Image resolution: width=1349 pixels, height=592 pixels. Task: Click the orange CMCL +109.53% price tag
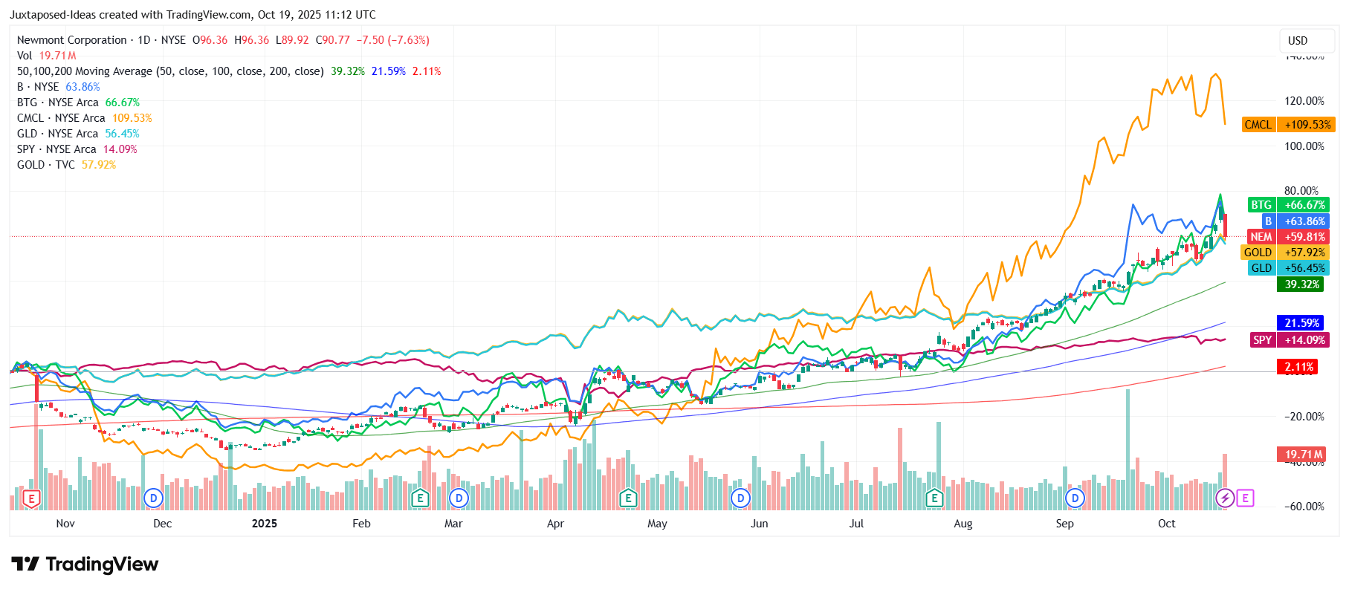pyautogui.click(x=1289, y=125)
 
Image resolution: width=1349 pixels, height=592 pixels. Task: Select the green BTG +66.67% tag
pyautogui.click(x=1288, y=205)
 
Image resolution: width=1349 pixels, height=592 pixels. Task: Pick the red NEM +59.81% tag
pyautogui.click(x=1287, y=237)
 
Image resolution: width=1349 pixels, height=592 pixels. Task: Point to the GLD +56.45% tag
pyautogui.click(x=1288, y=268)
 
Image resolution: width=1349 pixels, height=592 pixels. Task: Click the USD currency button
pyautogui.click(x=1298, y=41)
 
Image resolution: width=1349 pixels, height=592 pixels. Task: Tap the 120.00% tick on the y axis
pyautogui.click(x=1304, y=101)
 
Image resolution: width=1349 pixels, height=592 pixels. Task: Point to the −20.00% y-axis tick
pyautogui.click(x=1304, y=417)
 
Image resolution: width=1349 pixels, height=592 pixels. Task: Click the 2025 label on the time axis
pyautogui.click(x=265, y=524)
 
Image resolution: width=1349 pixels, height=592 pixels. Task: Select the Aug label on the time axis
pyautogui.click(x=963, y=524)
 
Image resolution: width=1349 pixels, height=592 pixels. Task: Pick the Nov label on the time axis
pyautogui.click(x=65, y=524)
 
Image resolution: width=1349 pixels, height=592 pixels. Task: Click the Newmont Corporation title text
pyautogui.click(x=72, y=40)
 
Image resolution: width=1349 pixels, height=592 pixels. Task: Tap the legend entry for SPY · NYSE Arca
pyautogui.click(x=56, y=149)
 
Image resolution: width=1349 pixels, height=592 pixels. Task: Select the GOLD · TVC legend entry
pyautogui.click(x=46, y=165)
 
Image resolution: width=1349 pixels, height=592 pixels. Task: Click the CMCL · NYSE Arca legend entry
pyautogui.click(x=61, y=118)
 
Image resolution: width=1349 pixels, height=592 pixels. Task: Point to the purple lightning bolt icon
pyautogui.click(x=1224, y=498)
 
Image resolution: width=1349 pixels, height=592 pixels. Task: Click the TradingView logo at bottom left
pyautogui.click(x=85, y=565)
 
